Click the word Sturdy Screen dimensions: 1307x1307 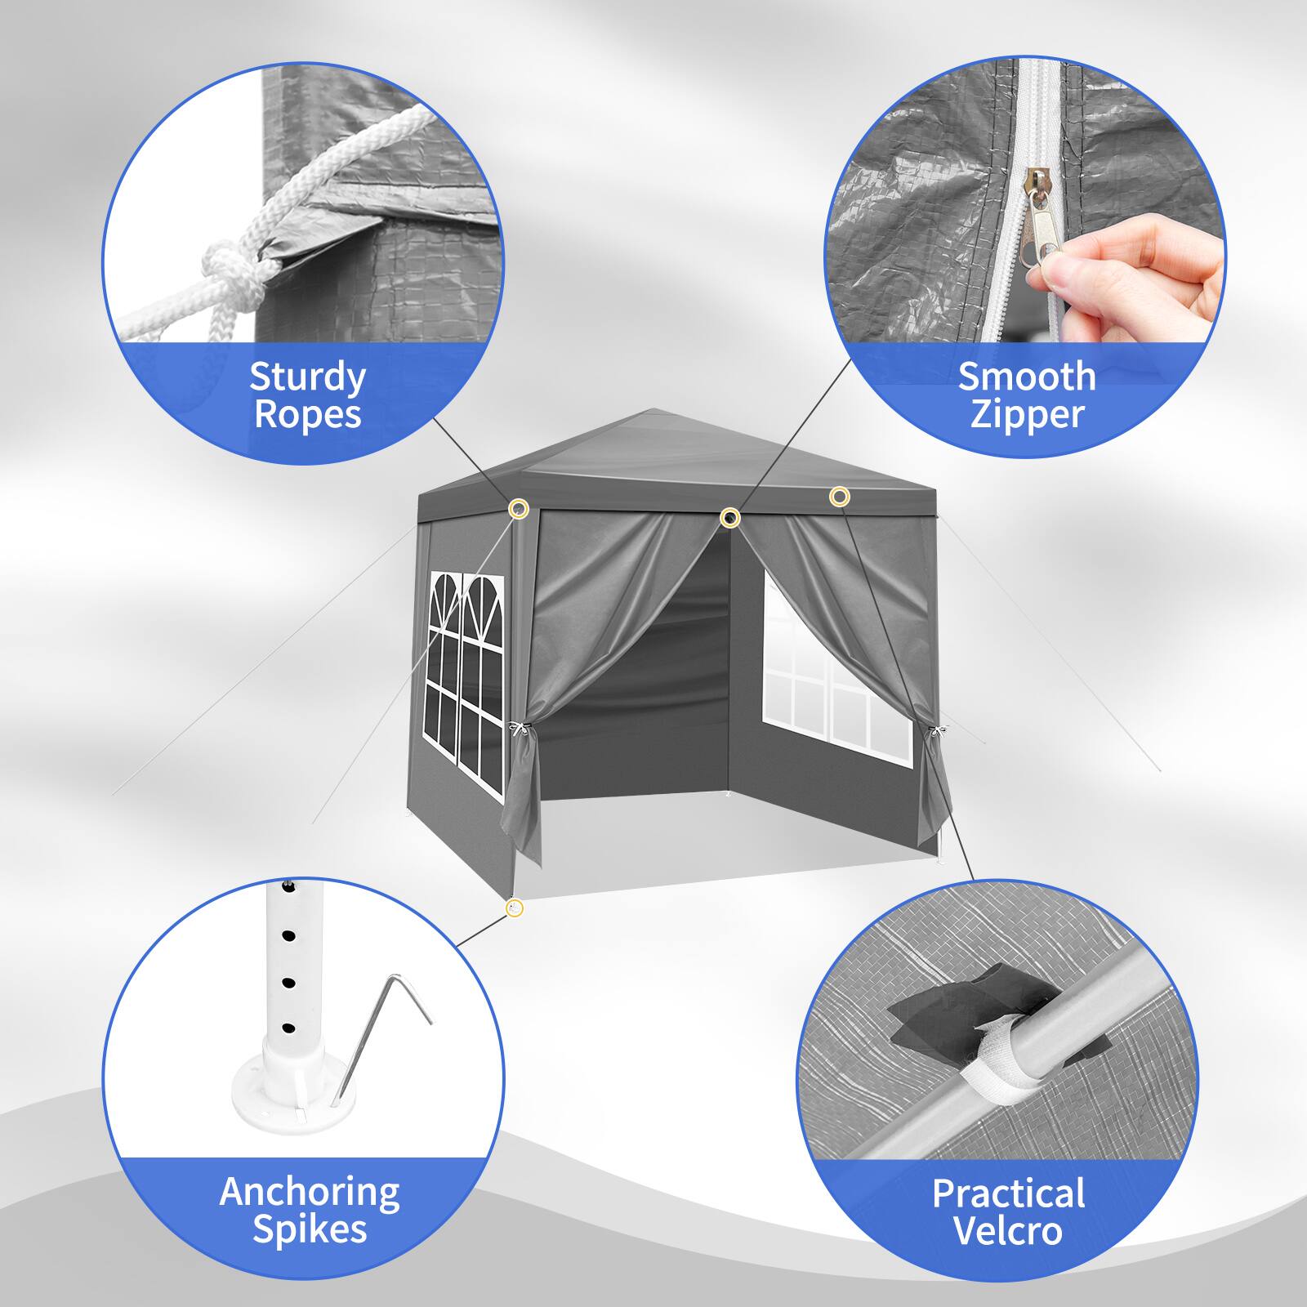[x=307, y=378]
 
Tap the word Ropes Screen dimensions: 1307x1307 [x=307, y=413]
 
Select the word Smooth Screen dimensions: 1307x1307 [x=1027, y=377]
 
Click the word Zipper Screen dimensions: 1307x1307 [x=1026, y=413]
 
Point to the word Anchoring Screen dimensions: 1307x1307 [x=309, y=1193]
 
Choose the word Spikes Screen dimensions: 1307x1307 [x=310, y=1229]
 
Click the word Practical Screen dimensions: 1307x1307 [x=1009, y=1193]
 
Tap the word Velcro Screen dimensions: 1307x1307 [x=1008, y=1230]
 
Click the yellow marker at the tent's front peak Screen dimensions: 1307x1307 [x=730, y=517]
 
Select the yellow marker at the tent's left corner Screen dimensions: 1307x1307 [x=518, y=510]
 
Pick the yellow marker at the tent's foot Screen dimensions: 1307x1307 [x=514, y=908]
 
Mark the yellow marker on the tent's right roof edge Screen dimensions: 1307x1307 [x=839, y=496]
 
